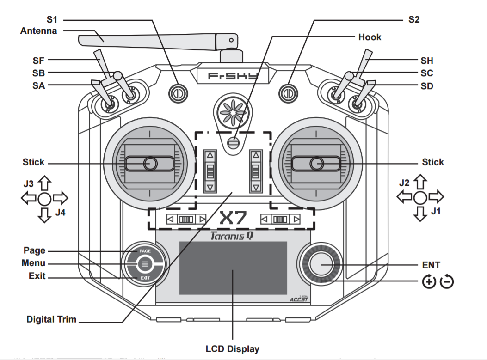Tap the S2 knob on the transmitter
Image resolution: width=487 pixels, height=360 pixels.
coord(287,92)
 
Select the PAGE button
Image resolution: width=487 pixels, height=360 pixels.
coord(144,251)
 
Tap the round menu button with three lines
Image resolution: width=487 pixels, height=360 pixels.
coord(144,264)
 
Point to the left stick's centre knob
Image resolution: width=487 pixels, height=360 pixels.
coord(150,163)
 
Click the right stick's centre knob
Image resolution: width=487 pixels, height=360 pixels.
coord(316,163)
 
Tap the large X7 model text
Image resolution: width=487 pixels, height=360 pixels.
coord(234,219)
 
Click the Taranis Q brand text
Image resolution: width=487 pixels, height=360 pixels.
coord(231,236)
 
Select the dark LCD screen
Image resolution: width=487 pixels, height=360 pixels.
coord(233,268)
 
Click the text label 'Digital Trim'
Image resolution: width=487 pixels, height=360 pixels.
coord(51,319)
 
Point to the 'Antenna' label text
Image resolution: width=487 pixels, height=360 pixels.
coord(39,31)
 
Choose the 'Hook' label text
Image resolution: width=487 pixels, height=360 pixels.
coord(370,37)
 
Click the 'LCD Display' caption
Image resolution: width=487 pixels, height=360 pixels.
coord(232,349)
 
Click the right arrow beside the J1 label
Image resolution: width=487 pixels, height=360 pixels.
coord(436,197)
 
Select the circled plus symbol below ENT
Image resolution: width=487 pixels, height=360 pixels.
coord(429,281)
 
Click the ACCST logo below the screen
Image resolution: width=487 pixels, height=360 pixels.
coord(298,299)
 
